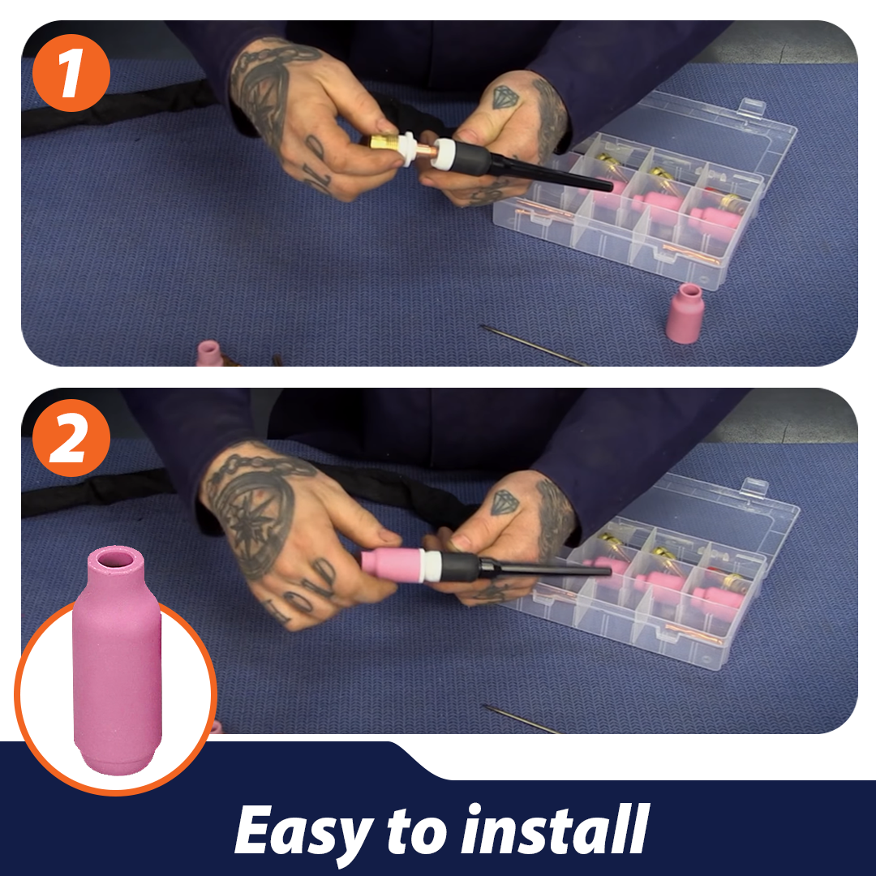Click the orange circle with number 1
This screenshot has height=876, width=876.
coord(71,73)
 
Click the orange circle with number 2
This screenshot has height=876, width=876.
coord(71,438)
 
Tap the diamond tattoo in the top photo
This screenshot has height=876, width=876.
coord(505,97)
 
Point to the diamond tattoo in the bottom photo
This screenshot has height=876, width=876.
coord(505,502)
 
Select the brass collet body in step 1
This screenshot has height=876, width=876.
coord(384,143)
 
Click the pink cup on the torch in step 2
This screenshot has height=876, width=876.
coord(392,565)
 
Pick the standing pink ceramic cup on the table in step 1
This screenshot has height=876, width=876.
coord(685,313)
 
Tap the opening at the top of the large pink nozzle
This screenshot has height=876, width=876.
coord(116,559)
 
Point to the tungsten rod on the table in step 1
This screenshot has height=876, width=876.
coord(534,346)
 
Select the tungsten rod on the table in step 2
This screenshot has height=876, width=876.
coord(520,719)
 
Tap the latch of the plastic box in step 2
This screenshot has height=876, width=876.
coord(755,485)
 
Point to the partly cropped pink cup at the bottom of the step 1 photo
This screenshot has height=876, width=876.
coord(210,353)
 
